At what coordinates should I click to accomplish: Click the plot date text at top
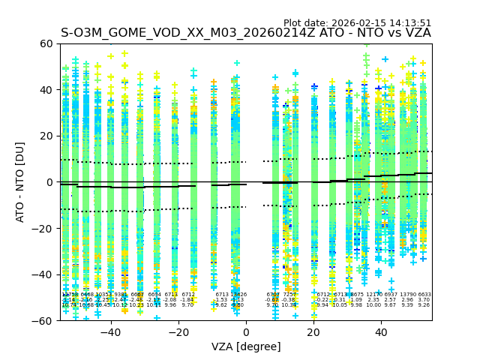click(x=357, y=23)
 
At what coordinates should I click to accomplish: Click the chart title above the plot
click(x=246, y=33)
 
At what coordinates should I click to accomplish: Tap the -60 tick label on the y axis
click(x=47, y=321)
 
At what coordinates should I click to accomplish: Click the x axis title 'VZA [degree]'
click(x=246, y=346)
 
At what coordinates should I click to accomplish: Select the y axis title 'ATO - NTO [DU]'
click(x=20, y=182)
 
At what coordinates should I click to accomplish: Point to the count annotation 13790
click(x=407, y=295)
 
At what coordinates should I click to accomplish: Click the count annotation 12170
click(x=373, y=295)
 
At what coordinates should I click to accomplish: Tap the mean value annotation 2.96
click(x=407, y=300)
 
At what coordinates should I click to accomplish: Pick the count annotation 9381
click(x=121, y=295)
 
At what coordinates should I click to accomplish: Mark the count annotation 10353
click(x=103, y=295)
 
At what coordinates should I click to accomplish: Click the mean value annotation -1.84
click(x=187, y=300)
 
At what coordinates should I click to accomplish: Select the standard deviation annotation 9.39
click(x=407, y=305)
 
